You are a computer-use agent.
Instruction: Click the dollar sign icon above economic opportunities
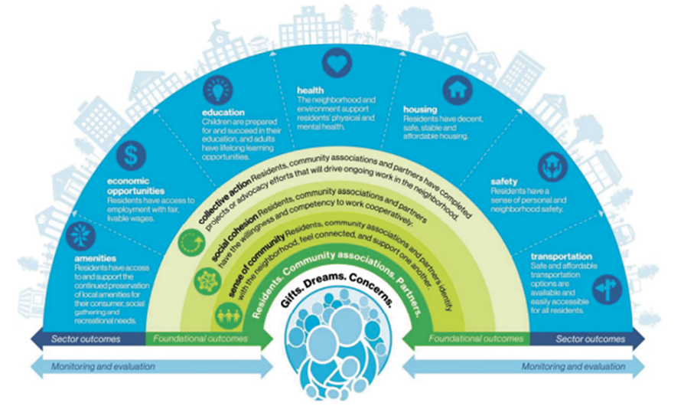131,156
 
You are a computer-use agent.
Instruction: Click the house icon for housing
458,90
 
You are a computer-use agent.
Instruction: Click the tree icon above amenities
80,237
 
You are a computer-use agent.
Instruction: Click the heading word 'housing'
420,110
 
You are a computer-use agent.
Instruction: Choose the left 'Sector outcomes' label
80,338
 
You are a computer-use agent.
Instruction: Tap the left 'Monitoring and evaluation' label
103,366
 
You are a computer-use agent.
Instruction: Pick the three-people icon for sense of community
227,314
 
